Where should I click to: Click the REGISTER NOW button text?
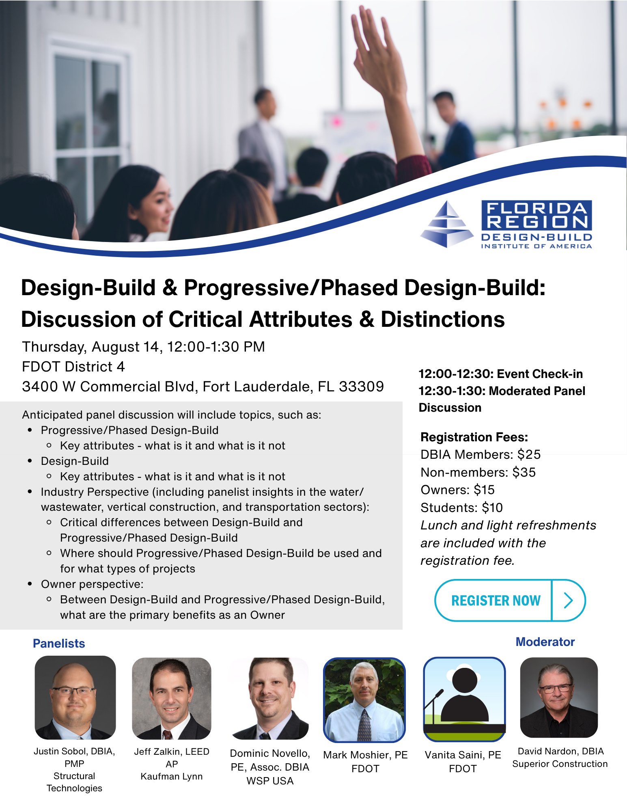pos(496,600)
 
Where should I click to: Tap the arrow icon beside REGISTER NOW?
pos(569,600)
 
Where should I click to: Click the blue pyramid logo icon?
pos(447,224)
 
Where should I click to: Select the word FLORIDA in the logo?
pos(537,209)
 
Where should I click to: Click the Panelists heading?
pos(59,644)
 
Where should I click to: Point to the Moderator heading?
pos(545,642)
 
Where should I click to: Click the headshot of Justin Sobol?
pos(75,698)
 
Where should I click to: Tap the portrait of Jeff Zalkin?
pos(172,698)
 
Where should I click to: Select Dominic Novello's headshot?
pos(270,698)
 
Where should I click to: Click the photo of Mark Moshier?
pos(364,700)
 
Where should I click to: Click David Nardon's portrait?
pos(559,698)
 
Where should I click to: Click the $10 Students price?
pos(492,508)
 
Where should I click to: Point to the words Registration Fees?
pos(474,437)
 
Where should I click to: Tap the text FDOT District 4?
pos(73,367)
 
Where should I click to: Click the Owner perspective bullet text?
pos(92,584)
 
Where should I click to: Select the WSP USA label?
pos(270,781)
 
